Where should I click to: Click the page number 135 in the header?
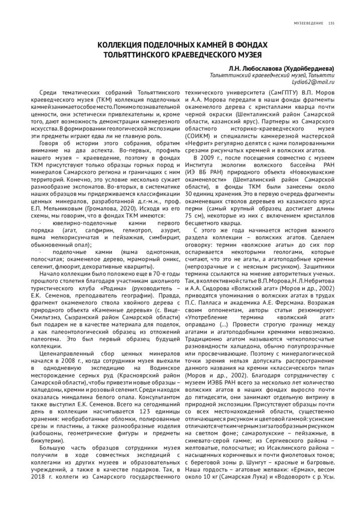pyautogui.click(x=331, y=23)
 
